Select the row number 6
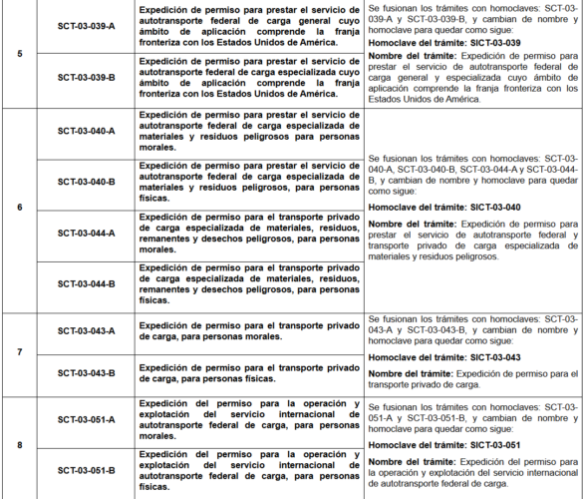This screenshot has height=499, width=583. (x=20, y=207)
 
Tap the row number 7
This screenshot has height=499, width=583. (x=20, y=353)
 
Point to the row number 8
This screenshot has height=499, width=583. (x=20, y=444)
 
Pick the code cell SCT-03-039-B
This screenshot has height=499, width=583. (x=86, y=77)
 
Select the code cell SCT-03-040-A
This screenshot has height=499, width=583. (x=86, y=130)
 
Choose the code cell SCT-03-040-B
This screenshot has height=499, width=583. (x=86, y=182)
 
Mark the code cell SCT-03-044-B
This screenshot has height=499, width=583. (x=86, y=284)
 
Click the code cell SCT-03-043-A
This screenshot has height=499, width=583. (x=86, y=330)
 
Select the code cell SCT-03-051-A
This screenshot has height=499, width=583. (x=86, y=419)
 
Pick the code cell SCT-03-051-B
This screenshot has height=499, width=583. (x=86, y=469)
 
